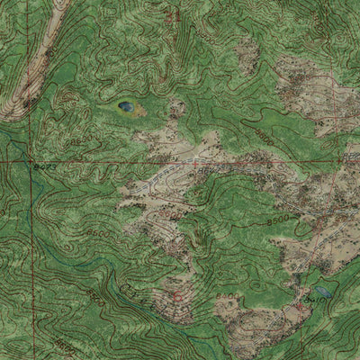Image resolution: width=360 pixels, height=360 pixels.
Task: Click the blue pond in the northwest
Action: pos(125,107)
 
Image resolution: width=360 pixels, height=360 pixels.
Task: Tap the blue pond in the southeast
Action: pos(321,292)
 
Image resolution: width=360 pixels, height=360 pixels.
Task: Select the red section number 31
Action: pos(174,15)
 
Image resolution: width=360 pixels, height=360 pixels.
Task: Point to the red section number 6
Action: pos(177,295)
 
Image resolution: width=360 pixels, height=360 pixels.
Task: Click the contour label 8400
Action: pos(229,295)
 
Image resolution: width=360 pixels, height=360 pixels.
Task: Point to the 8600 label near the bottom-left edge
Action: pos(63,345)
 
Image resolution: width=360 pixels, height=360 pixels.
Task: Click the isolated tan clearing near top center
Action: pos(247,56)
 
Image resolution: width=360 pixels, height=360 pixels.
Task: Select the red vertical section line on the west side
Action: pos(33,252)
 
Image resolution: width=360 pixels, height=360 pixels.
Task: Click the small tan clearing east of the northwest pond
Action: pos(176,109)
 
